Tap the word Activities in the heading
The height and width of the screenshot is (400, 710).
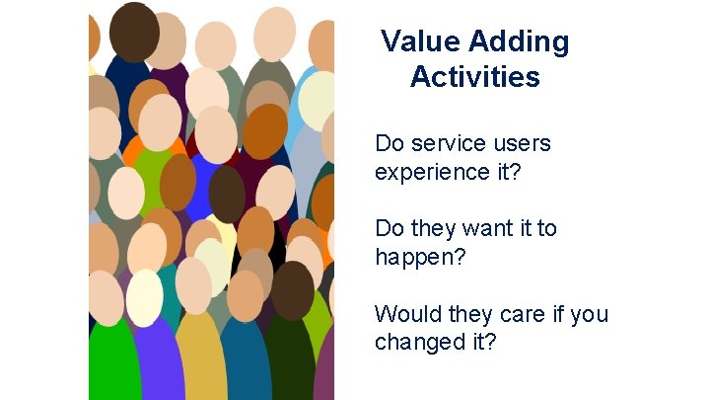coord(475,76)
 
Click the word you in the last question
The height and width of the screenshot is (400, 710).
coord(590,315)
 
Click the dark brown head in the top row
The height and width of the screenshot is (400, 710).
coord(133,31)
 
